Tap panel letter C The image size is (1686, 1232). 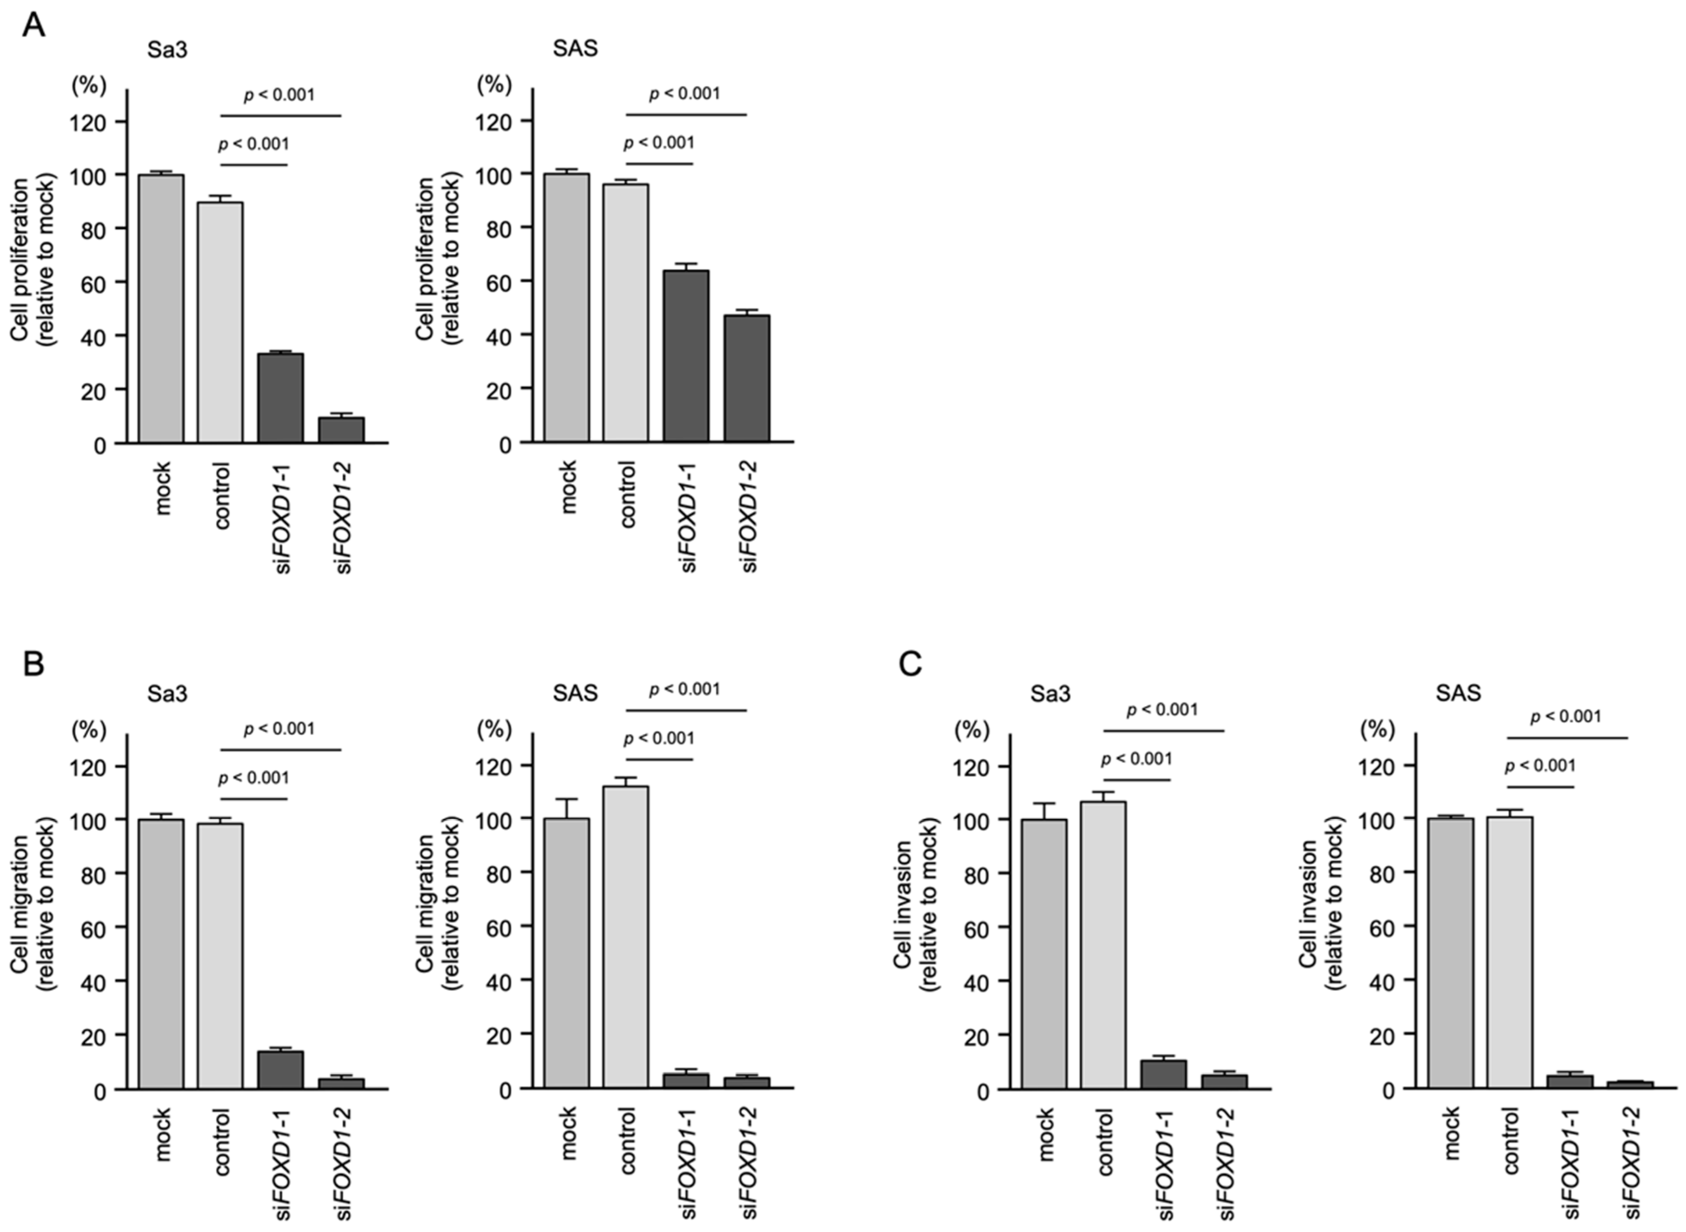[x=910, y=662]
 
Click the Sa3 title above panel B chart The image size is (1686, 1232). [x=167, y=694]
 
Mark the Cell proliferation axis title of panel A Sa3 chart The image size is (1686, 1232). [x=33, y=260]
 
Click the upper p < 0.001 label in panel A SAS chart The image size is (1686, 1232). [x=685, y=94]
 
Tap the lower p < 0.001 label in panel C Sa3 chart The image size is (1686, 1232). [x=1137, y=759]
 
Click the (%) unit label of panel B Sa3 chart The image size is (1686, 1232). [x=89, y=729]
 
